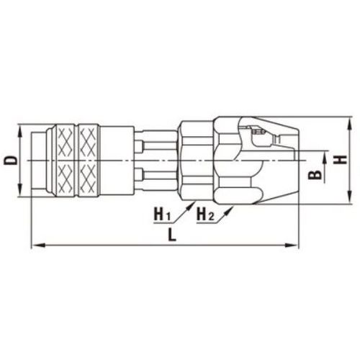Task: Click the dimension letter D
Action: pyautogui.click(x=11, y=160)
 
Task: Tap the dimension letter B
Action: pyautogui.click(x=315, y=175)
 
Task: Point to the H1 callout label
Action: pyautogui.click(x=162, y=214)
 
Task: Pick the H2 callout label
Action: pyautogui.click(x=205, y=214)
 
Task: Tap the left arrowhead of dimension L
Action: pyautogui.click(x=38, y=246)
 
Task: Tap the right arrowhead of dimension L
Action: pyautogui.click(x=292, y=246)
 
